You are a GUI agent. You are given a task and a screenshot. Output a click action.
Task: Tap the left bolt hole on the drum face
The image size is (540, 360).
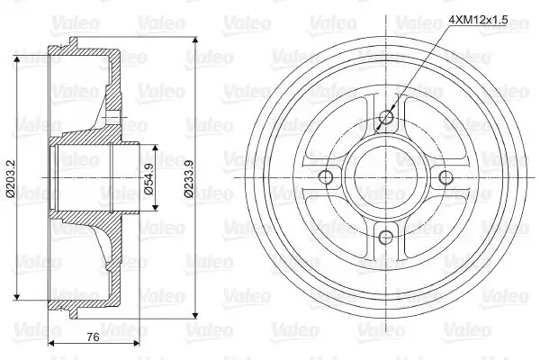click(x=326, y=176)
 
